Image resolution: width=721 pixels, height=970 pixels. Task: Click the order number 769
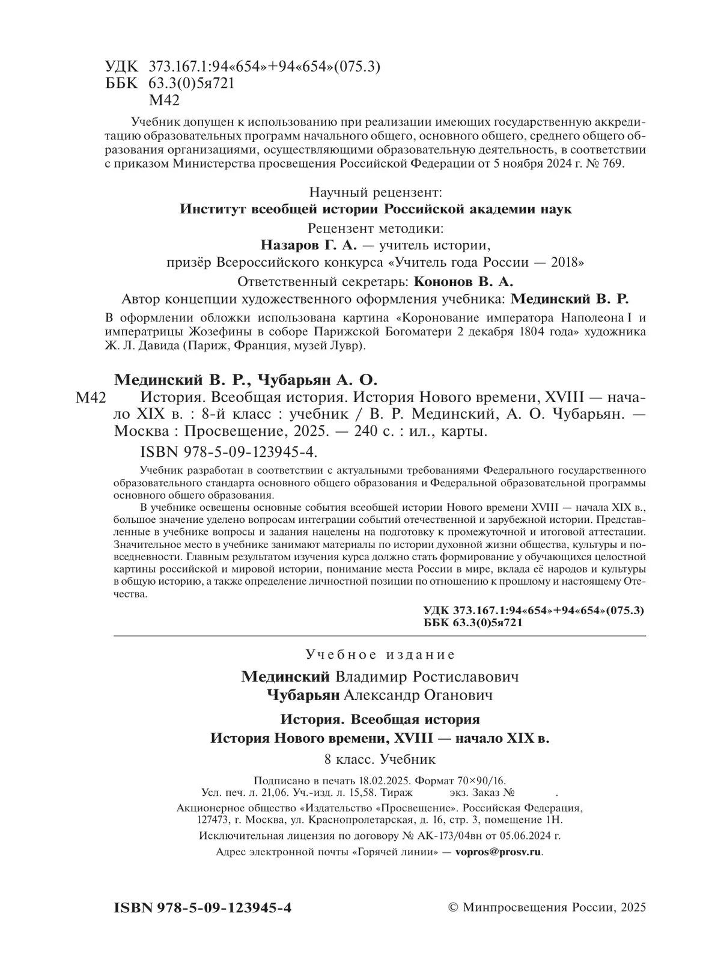point(613,164)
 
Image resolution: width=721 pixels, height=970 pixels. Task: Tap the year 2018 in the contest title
point(568,263)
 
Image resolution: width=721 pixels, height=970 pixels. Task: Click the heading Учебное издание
point(380,654)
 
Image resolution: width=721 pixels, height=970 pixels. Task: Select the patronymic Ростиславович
point(465,677)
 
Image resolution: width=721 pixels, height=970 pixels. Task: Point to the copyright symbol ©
point(454,907)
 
